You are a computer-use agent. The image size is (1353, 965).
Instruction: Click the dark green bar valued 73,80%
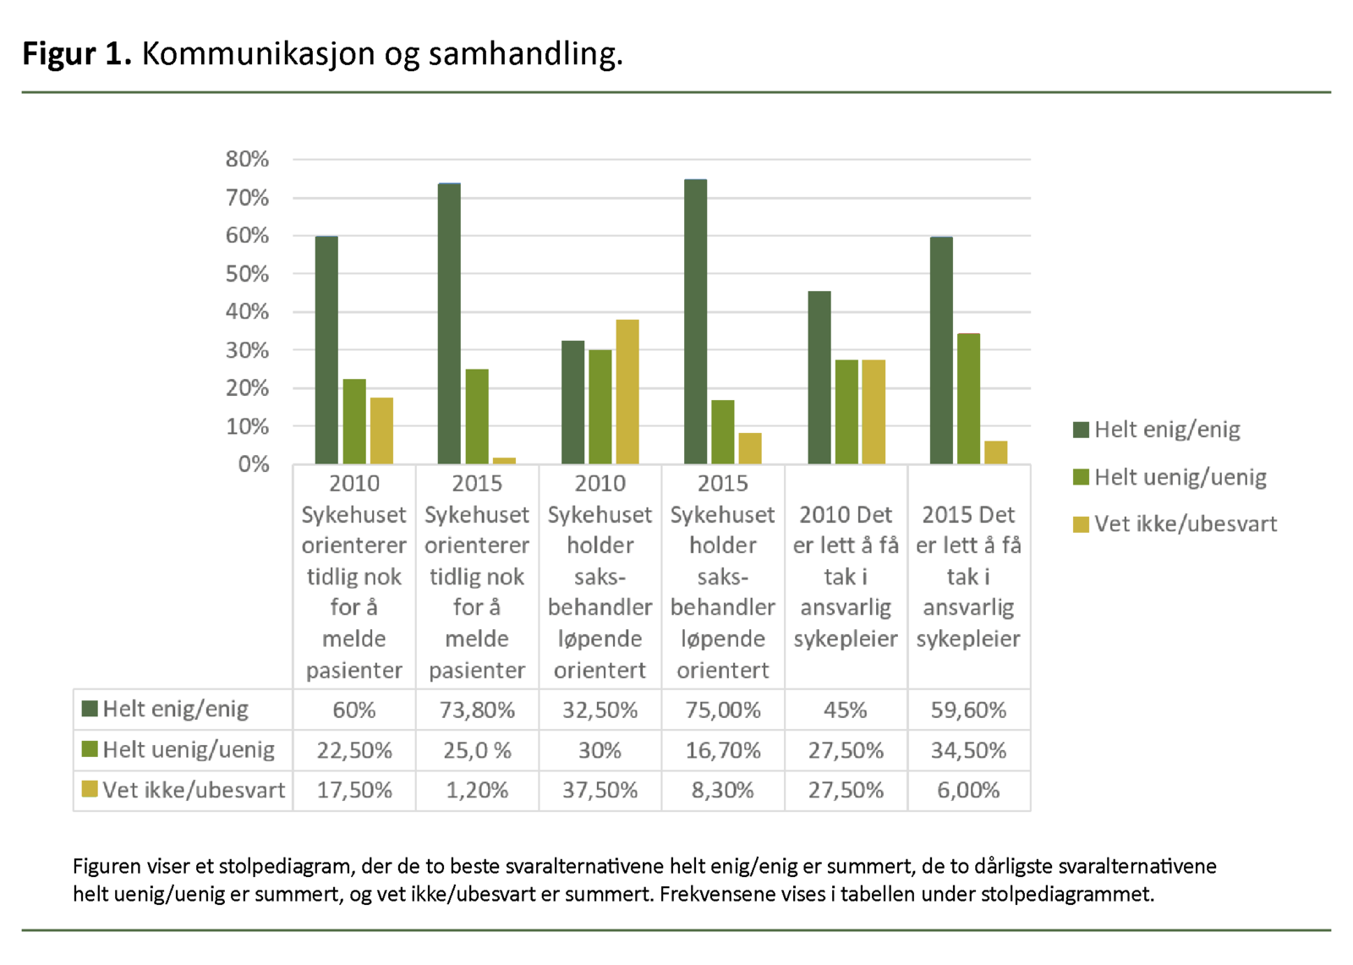point(449,323)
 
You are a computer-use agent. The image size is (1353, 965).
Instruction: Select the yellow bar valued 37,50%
point(627,392)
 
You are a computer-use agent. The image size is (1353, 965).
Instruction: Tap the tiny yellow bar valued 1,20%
point(504,460)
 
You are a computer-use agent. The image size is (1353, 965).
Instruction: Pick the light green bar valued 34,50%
point(968,398)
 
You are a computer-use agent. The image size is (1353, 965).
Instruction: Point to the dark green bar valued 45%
point(819,377)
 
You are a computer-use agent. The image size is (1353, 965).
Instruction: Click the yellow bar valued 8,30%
point(750,448)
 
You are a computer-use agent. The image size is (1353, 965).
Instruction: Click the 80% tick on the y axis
point(247,159)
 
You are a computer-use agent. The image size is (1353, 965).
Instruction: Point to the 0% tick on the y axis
point(253,463)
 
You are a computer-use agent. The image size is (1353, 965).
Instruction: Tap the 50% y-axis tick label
point(247,274)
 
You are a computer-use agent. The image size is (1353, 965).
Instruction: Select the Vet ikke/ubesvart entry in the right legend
point(1184,524)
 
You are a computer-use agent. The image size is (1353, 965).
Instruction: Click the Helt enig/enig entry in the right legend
point(1166,430)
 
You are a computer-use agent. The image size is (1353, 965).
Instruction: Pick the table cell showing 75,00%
point(722,710)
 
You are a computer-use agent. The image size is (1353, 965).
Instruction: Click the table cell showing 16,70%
point(722,750)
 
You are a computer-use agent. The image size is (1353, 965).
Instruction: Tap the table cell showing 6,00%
point(968,790)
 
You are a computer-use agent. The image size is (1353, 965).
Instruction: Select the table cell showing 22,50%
point(354,750)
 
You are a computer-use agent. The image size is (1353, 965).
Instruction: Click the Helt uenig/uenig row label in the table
point(188,750)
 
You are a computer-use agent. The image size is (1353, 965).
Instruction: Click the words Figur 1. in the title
point(77,53)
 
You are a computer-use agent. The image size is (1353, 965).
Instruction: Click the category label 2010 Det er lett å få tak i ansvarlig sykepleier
point(846,576)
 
